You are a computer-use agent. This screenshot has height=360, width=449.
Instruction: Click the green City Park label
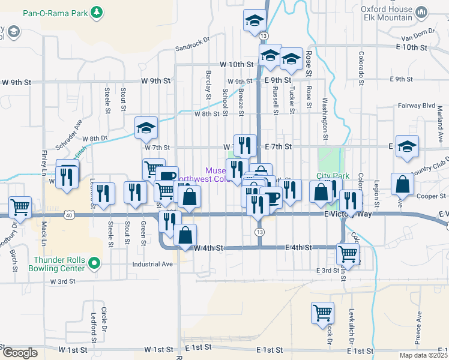point(333,176)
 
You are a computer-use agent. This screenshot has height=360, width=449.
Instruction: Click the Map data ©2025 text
point(424,355)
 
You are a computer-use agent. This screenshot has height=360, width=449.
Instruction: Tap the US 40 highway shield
point(71,214)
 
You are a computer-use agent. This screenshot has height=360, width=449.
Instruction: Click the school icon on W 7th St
point(145,127)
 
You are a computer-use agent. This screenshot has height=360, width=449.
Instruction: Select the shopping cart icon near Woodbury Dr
point(20,208)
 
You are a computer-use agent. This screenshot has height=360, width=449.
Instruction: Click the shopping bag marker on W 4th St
point(185,235)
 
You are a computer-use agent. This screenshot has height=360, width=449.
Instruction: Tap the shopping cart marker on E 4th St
point(348,254)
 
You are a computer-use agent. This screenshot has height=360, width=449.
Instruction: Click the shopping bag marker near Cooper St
point(402,184)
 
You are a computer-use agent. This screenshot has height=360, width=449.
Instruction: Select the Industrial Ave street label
point(154,263)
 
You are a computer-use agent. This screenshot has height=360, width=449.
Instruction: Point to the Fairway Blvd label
point(416,105)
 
